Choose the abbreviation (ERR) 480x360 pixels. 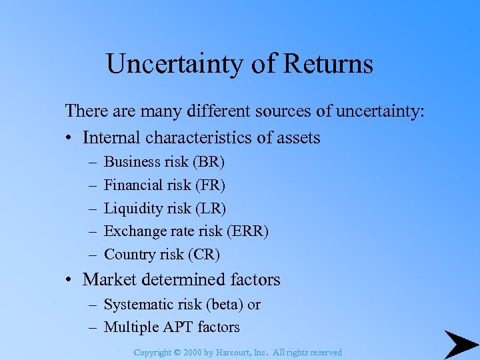[247, 231]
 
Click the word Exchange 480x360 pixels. [135, 231]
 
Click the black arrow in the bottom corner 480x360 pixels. [460, 343]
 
